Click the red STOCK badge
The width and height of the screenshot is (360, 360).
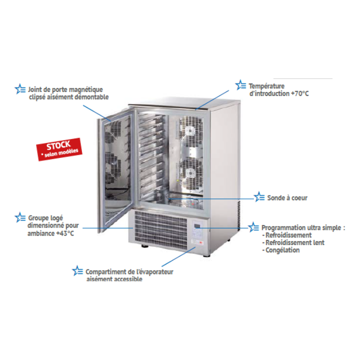click(x=59, y=149)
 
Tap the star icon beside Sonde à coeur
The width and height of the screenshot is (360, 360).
click(x=259, y=197)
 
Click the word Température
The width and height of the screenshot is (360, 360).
click(x=266, y=86)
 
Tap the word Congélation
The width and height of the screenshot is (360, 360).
click(x=282, y=250)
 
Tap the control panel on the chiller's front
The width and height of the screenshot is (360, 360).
click(x=198, y=233)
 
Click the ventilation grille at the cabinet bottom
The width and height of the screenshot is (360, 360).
click(x=161, y=230)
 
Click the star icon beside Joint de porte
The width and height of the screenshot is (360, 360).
click(x=20, y=89)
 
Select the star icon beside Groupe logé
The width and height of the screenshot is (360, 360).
click(x=20, y=217)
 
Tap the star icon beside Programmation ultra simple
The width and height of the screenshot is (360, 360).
click(x=253, y=227)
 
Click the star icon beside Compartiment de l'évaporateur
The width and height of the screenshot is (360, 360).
click(x=77, y=271)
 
